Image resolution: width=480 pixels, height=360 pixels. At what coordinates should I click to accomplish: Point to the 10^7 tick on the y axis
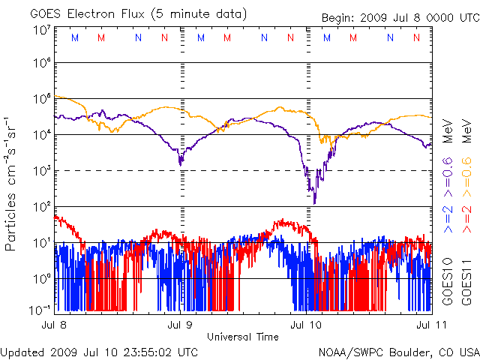(41, 30)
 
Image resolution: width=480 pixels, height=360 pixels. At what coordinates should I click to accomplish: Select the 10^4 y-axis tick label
(41, 134)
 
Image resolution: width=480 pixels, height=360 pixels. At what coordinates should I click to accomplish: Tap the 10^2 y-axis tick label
(41, 206)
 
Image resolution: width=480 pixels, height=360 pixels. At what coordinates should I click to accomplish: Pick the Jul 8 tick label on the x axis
(56, 325)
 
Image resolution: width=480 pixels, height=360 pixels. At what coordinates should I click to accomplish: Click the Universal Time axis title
(243, 337)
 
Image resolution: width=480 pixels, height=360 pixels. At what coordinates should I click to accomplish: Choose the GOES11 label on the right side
(466, 284)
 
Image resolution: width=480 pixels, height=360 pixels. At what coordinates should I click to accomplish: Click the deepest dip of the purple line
(315, 202)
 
